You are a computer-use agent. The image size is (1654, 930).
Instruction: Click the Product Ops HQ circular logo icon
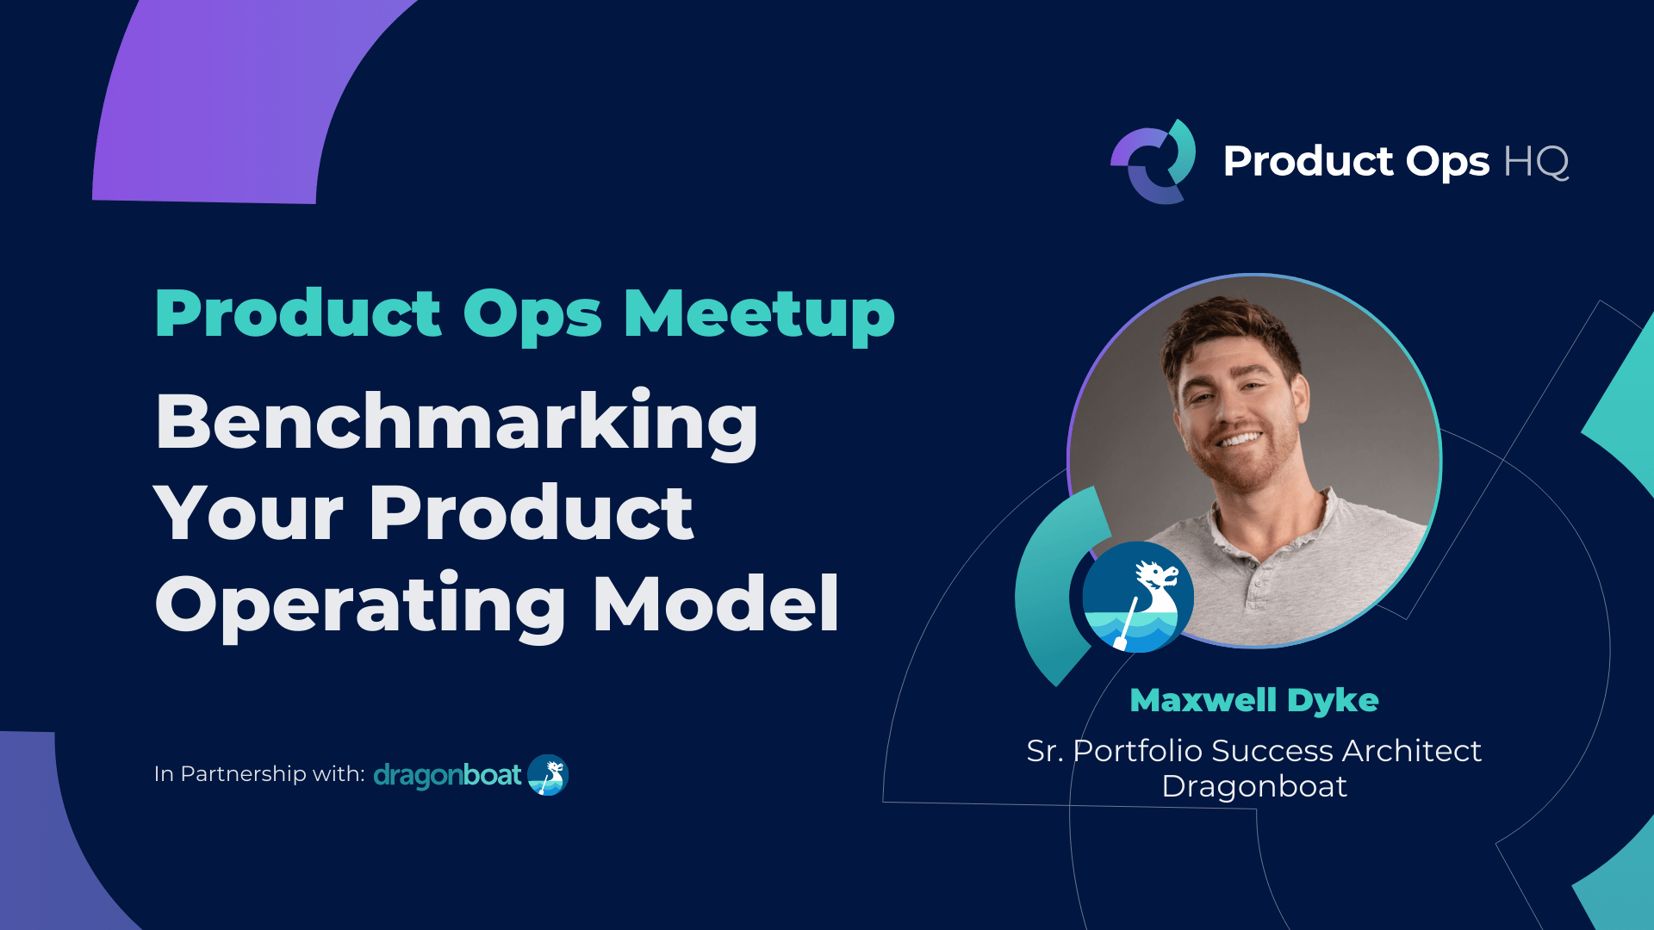[1153, 162]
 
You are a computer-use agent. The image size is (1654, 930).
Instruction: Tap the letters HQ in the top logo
[1536, 162]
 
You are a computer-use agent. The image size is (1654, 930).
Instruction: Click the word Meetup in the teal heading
[759, 314]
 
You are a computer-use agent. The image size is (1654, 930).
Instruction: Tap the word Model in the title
[716, 604]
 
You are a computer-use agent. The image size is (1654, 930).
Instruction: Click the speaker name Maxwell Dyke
[1253, 700]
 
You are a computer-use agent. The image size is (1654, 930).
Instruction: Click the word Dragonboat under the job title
[1253, 786]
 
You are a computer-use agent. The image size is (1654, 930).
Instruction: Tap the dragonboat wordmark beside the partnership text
[447, 775]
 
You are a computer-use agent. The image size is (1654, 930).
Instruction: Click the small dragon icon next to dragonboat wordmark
[548, 775]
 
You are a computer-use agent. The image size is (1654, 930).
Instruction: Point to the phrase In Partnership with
[259, 774]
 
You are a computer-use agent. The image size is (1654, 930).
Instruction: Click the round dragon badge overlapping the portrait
[1138, 597]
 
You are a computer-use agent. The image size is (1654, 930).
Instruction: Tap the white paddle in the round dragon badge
[1126, 623]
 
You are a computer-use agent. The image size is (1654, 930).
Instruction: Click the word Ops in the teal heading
[532, 314]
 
